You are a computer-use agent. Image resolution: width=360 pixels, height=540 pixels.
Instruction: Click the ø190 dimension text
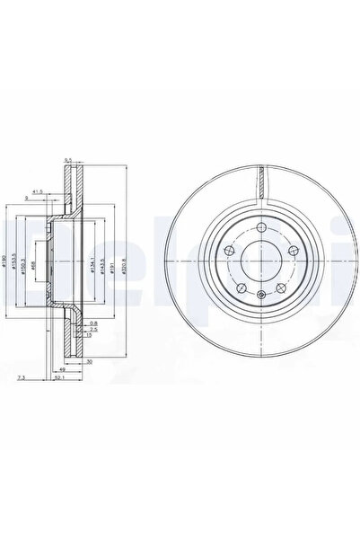pos(5,261)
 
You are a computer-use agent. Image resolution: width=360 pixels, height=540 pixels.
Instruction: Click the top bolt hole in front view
pos(256,228)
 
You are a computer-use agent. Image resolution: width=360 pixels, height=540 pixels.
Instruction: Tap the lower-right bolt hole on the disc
pos(275,286)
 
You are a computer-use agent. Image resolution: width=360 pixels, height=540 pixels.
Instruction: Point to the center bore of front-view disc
pos(256,260)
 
